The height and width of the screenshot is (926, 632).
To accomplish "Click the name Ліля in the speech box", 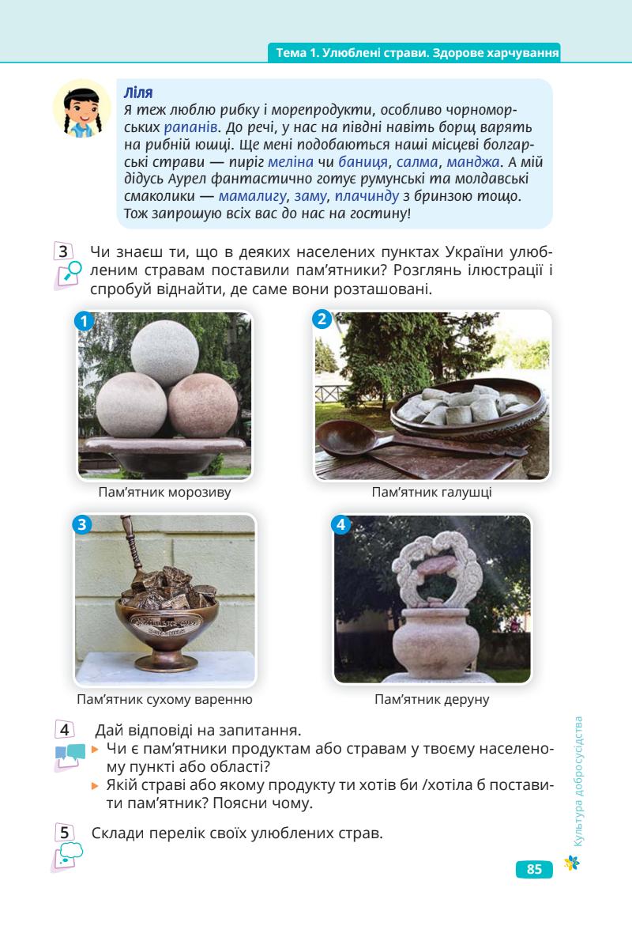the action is (x=138, y=93).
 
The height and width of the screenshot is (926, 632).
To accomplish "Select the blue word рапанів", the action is (x=191, y=127).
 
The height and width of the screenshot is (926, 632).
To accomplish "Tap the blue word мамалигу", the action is (x=253, y=196).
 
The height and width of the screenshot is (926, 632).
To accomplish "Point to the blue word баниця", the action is (x=363, y=162).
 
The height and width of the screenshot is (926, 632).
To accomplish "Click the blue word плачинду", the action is (x=367, y=196).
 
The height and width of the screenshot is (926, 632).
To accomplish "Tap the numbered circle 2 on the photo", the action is (x=322, y=319).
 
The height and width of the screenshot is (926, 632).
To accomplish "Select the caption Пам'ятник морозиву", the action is (x=164, y=492).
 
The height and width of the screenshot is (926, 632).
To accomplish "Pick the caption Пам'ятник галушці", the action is (x=432, y=492).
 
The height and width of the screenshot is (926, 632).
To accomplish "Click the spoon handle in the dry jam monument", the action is (x=132, y=543).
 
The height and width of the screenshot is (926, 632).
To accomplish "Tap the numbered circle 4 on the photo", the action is (x=341, y=524).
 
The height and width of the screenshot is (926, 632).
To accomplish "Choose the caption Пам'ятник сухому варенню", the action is (x=164, y=699).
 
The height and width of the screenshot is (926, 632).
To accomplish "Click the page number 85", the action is (x=534, y=869).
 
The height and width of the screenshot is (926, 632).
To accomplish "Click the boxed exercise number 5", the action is (x=64, y=833).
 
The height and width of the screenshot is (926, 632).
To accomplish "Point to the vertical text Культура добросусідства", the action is (x=578, y=781).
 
